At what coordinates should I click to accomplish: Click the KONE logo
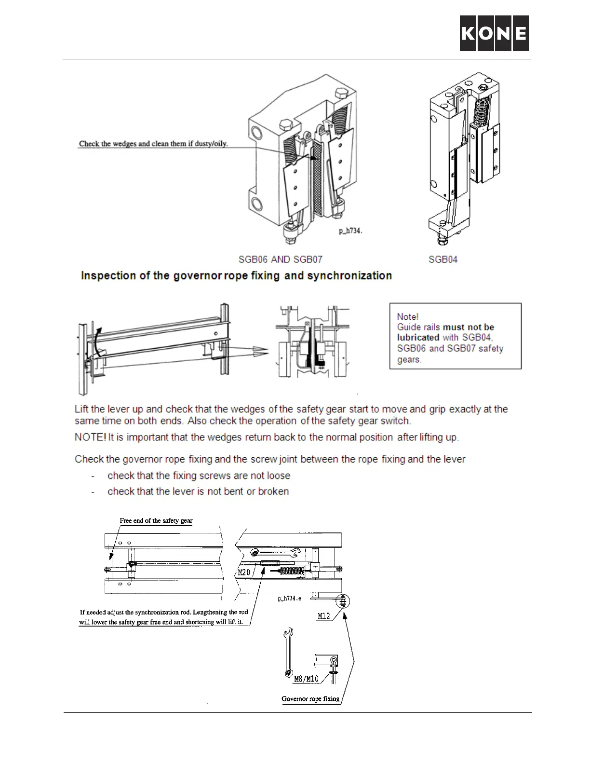tap(494, 33)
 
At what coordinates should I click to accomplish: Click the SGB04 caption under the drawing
tap(443, 259)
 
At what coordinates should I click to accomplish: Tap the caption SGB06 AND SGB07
tap(281, 259)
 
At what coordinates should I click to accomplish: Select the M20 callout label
tap(244, 573)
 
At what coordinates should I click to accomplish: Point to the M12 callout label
tap(324, 615)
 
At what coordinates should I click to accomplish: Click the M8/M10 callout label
tap(307, 679)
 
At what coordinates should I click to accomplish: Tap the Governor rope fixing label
tap(310, 698)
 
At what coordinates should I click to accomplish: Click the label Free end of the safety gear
tap(156, 520)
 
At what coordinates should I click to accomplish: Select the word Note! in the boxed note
tap(407, 316)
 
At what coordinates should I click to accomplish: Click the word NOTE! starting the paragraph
tap(90, 437)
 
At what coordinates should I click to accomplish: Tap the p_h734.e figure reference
tap(290, 599)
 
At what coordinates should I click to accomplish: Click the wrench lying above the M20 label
tap(276, 553)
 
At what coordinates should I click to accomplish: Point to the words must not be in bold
tap(468, 327)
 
